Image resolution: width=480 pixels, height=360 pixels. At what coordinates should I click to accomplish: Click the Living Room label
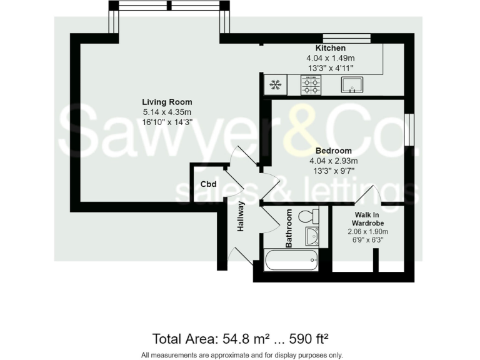pyautogui.click(x=167, y=102)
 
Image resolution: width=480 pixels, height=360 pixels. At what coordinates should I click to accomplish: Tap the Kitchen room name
pyautogui.click(x=331, y=48)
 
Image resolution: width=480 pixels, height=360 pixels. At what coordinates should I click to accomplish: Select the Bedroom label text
pyautogui.click(x=333, y=151)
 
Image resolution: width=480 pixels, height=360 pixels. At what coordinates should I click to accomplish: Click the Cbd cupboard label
pyautogui.click(x=208, y=184)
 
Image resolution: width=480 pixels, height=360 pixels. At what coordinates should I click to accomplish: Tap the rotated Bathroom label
pyautogui.click(x=289, y=228)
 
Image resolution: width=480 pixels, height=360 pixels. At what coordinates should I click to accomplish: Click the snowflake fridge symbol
pyautogui.click(x=274, y=84)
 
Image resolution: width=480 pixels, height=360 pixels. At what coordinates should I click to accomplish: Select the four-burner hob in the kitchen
pyautogui.click(x=311, y=84)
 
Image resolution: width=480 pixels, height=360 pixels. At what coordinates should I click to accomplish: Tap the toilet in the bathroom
pyautogui.click(x=308, y=217)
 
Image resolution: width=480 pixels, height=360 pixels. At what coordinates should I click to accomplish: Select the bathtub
pyautogui.click(x=291, y=260)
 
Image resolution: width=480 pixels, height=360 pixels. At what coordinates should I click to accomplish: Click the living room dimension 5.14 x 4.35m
pyautogui.click(x=167, y=112)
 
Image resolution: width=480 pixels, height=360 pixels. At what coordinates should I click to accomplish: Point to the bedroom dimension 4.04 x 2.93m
pyautogui.click(x=333, y=161)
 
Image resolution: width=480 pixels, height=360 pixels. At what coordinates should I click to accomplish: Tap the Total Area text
pyautogui.click(x=241, y=339)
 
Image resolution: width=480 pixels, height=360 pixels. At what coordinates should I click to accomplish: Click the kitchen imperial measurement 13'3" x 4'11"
pyautogui.click(x=331, y=67)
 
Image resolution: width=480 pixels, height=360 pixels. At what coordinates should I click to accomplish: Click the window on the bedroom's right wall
pyautogui.click(x=409, y=129)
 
